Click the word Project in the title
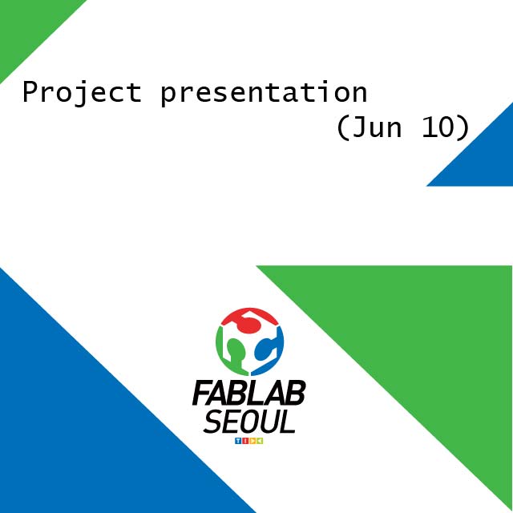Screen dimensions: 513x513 tap(82, 93)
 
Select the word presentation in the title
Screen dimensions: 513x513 tap(264, 93)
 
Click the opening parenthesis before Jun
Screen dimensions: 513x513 tap(342, 127)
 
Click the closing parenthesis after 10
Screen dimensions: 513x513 tap(465, 127)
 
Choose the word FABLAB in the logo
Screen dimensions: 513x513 tap(248, 393)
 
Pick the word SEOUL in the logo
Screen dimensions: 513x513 tap(249, 422)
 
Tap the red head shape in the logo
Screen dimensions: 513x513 tap(249, 321)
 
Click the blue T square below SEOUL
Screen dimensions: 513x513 tap(238, 441)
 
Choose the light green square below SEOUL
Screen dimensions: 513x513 tap(260, 441)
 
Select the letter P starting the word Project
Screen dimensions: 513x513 tap(30, 92)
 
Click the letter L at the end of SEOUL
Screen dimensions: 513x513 tap(289, 422)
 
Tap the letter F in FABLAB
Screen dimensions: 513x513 tap(201, 393)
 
